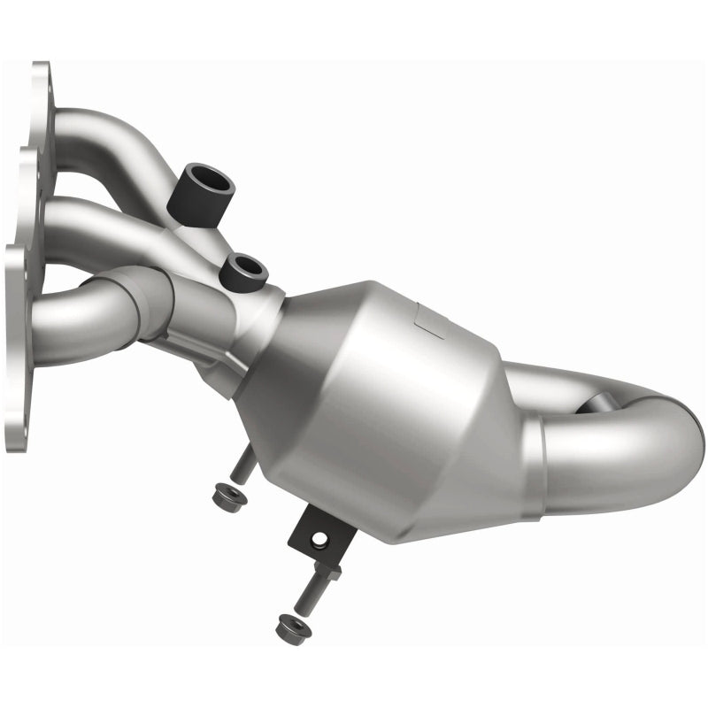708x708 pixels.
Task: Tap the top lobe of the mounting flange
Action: tap(40, 88)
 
